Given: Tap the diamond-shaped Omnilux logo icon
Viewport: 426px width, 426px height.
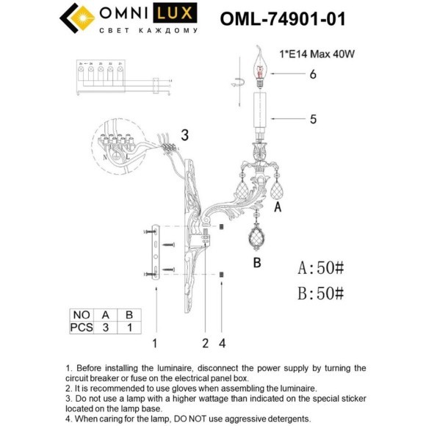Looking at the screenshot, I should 77,18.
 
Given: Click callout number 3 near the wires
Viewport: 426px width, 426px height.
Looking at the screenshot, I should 184,134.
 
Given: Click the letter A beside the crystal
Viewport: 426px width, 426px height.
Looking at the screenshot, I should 278,208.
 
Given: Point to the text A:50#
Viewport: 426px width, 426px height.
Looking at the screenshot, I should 321,265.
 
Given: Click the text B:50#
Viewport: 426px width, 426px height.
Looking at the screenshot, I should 321,293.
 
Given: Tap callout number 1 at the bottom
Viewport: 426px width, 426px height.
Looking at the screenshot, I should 155,342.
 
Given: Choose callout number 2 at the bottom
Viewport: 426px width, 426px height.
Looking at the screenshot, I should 206,342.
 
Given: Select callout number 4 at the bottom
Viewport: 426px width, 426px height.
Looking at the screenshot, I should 222,342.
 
